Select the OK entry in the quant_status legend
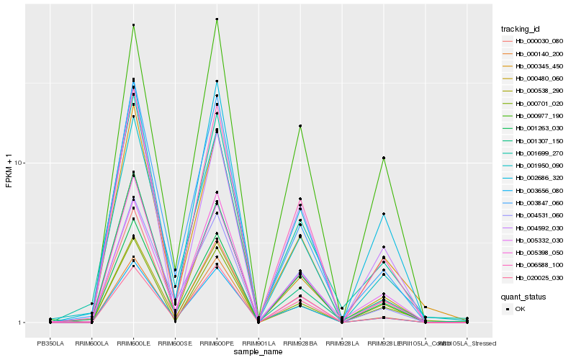point(520,309)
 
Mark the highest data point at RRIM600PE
point(217,19)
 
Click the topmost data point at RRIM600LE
point(133,25)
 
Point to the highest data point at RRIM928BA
point(300,126)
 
